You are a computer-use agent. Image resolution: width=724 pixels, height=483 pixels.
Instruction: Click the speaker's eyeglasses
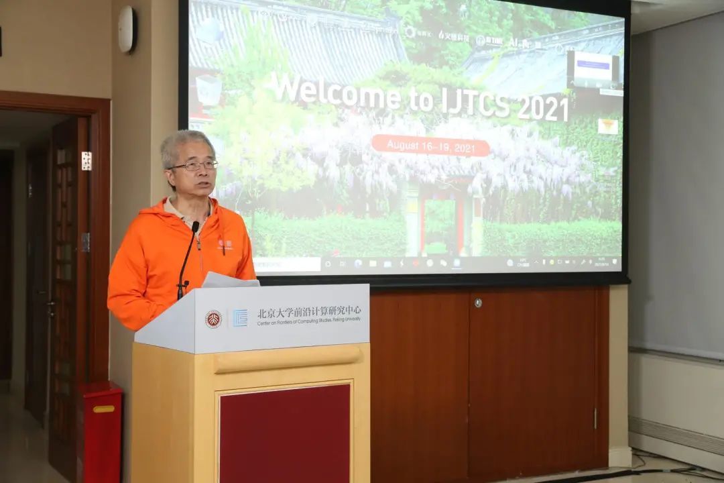(194, 165)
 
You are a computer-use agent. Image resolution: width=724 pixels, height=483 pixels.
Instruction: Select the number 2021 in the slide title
(543, 107)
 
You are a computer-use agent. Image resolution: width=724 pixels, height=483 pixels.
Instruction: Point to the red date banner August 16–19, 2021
(430, 146)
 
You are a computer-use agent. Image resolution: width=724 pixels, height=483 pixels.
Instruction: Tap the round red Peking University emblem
(213, 319)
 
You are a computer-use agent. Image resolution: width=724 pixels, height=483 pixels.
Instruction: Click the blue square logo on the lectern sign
(240, 317)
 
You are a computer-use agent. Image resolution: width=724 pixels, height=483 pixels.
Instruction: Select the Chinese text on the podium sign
(308, 311)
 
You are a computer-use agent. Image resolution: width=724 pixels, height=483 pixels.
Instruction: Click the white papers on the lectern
(228, 280)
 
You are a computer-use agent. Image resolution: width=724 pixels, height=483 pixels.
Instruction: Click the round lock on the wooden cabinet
(477, 303)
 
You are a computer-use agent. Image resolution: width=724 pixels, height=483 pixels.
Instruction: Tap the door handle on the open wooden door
(51, 305)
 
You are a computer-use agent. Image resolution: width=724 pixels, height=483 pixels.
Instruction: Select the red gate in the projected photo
(440, 218)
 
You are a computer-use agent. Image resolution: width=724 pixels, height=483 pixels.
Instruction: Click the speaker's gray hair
(184, 143)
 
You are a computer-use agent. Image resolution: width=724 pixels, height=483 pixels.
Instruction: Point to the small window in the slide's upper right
(593, 69)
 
